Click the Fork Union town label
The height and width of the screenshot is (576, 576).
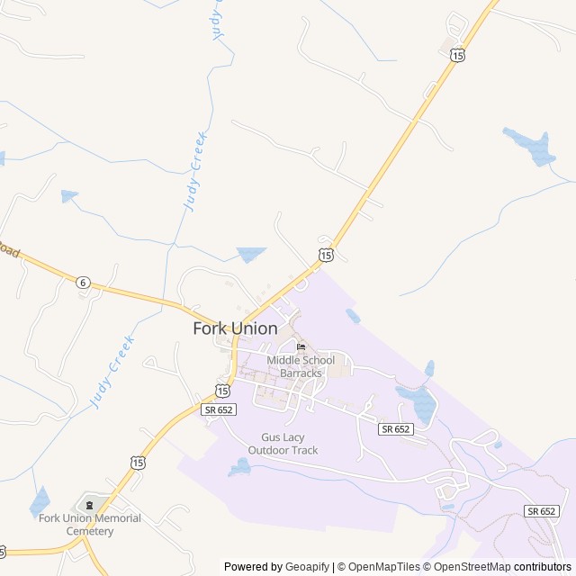pyautogui.click(x=235, y=328)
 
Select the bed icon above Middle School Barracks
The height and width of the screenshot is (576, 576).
pyautogui.click(x=301, y=347)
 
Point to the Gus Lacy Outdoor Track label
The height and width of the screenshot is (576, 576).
pyautogui.click(x=283, y=444)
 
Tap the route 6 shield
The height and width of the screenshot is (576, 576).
pyautogui.click(x=83, y=282)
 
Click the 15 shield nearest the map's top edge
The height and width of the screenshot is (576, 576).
pyautogui.click(x=458, y=56)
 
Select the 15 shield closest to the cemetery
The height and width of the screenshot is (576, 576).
pyautogui.click(x=137, y=462)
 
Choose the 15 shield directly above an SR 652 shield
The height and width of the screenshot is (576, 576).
pyautogui.click(x=221, y=390)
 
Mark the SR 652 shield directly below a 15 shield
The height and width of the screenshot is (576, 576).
pyautogui.click(x=219, y=409)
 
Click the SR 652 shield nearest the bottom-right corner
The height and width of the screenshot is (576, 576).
pyautogui.click(x=542, y=510)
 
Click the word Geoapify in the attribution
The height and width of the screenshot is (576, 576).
pyautogui.click(x=307, y=567)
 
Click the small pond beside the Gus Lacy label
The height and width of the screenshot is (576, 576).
pyautogui.click(x=239, y=466)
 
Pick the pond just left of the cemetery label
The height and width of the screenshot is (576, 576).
pyautogui.click(x=40, y=501)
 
